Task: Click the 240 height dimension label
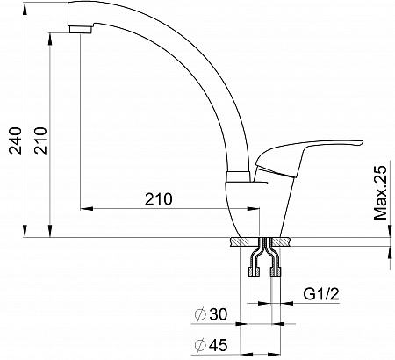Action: point(15,140)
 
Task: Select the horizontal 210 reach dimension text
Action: point(159,199)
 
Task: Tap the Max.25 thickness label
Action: point(381,193)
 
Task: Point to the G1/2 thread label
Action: point(321,294)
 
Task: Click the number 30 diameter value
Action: point(219,315)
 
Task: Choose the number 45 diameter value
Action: point(219,345)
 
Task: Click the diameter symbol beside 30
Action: point(201,315)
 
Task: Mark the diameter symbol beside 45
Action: point(201,345)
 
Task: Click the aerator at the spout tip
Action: point(81,30)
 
